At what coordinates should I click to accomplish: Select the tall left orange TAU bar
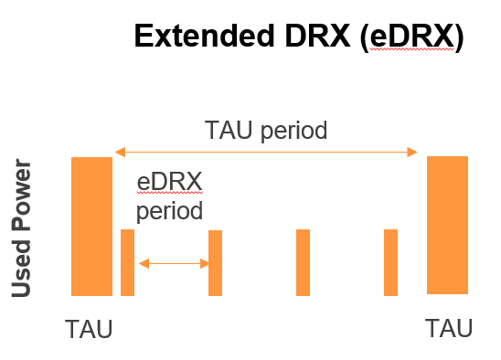pos(91,227)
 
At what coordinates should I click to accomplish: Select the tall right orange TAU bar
pos(447,225)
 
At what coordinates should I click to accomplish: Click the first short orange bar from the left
pos(128,262)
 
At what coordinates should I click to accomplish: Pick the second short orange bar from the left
pos(216,262)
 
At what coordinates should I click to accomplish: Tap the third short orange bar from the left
pos(304,262)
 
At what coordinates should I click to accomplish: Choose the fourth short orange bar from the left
pos(391,262)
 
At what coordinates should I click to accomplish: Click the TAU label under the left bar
pos(89,329)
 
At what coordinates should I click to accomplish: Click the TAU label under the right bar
pos(449,328)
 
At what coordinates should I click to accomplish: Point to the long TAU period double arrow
pos(266,153)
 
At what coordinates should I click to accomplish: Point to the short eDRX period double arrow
pos(174,263)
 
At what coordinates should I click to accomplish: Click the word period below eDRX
pos(169,212)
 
